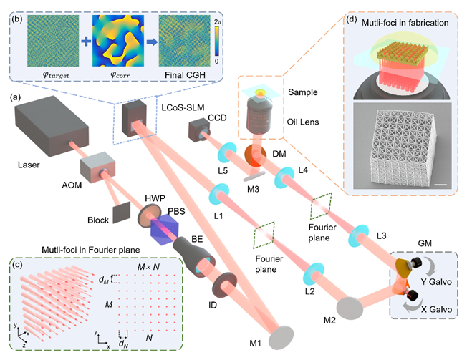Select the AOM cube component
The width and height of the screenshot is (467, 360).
pyautogui.click(x=97, y=169)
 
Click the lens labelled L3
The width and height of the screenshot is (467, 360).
pyautogui.click(x=355, y=234)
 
